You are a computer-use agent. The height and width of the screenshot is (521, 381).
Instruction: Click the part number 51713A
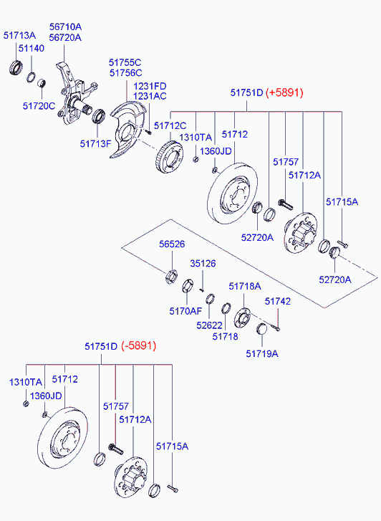click(x=20, y=34)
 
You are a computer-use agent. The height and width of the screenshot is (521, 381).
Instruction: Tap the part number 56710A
click(x=65, y=27)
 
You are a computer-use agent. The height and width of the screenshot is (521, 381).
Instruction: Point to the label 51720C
click(x=39, y=105)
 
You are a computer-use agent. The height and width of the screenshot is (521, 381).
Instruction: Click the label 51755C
click(x=125, y=62)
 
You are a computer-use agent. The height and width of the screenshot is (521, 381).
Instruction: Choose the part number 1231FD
click(x=150, y=86)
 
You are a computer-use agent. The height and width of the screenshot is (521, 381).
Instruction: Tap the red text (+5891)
click(x=284, y=93)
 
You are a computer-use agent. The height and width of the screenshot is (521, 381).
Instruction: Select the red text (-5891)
click(x=138, y=346)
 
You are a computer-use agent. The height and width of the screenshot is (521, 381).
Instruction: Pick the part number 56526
click(x=172, y=244)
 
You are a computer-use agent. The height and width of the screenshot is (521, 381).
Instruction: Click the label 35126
click(x=203, y=264)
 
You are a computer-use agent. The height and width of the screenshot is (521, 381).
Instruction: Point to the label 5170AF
click(x=185, y=311)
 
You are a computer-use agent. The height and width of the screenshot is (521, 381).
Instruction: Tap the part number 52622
click(x=210, y=325)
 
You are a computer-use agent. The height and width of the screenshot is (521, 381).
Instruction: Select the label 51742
click(x=278, y=302)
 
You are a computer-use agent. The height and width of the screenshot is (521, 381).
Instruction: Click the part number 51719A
click(x=262, y=353)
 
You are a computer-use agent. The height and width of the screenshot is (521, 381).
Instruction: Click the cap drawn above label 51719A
click(x=261, y=329)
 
